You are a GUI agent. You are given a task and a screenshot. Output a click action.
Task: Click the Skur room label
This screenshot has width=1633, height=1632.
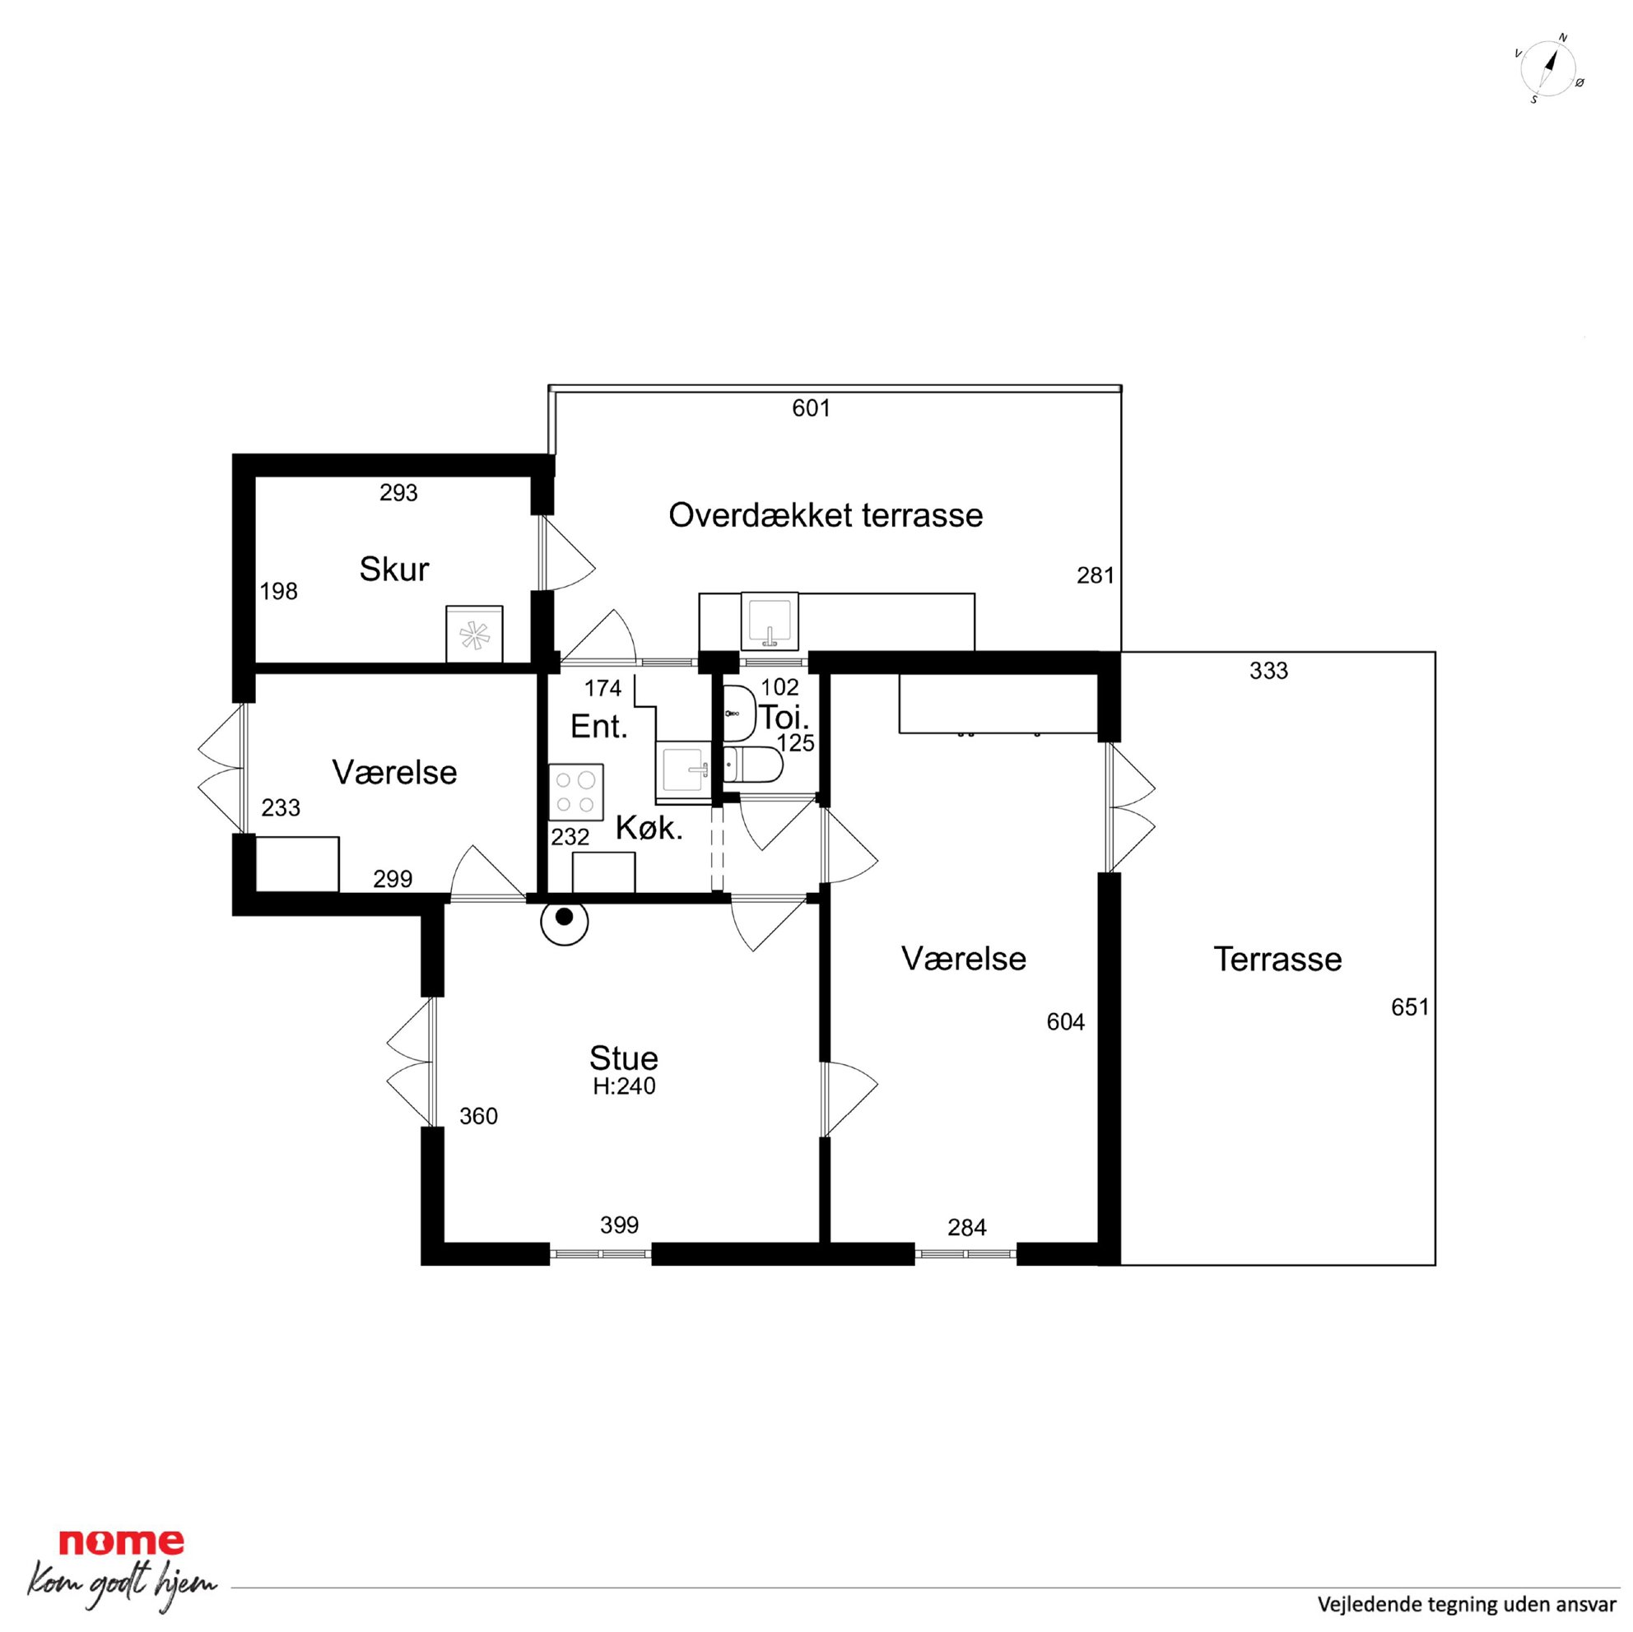pos(394,569)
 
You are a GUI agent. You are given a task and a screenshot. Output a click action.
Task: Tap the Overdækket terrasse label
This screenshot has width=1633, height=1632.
pos(825,514)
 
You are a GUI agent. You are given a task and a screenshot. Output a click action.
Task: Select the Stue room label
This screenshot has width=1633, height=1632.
pos(624,1058)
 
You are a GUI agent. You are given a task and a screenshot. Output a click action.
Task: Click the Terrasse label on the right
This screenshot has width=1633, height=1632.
pos(1277,960)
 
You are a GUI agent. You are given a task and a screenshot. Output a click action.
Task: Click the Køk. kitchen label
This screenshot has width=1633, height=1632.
pos(649,827)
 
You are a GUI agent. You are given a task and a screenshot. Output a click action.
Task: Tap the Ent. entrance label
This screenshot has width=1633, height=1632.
pos(599,726)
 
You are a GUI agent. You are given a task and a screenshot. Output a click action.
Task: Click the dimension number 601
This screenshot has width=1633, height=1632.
pos(812,408)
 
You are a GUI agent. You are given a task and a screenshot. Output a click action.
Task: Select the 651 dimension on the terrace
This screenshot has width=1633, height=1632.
pos(1410,1007)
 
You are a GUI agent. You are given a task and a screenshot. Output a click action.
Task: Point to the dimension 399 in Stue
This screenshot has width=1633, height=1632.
pos(620,1225)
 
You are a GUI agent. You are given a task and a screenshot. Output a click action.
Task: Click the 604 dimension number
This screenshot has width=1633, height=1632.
pos(1065,1022)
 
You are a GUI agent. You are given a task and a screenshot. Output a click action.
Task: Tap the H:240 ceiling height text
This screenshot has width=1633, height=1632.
pos(624,1086)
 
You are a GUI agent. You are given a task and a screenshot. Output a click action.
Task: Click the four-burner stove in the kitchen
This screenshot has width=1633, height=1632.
pos(575,792)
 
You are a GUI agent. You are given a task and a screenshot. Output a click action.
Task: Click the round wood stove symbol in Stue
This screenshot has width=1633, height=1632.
pos(565,922)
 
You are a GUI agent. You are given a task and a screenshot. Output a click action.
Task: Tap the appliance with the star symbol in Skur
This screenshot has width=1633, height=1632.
pos(474,634)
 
